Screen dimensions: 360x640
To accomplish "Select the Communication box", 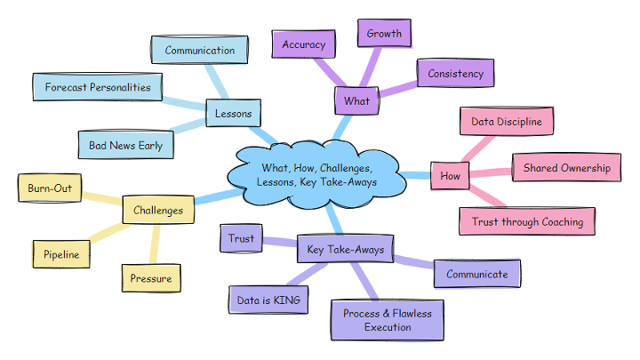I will (199, 51).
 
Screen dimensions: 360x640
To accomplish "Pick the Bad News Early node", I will (125, 145).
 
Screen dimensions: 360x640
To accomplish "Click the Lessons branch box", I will (234, 114).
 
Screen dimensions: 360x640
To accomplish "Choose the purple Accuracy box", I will (303, 44).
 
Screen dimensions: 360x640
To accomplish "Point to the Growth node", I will (384, 35).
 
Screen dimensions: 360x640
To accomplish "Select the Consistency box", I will (455, 74).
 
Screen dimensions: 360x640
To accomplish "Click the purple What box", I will (356, 101).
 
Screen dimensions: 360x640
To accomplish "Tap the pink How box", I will (450, 176).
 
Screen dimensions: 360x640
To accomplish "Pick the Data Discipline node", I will (506, 122).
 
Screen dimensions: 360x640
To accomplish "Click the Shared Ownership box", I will (566, 167).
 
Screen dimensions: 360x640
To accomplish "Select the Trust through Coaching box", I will (527, 221).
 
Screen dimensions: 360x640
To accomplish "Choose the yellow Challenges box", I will (157, 211).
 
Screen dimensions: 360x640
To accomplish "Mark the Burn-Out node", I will (50, 189).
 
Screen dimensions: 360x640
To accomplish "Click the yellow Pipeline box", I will (61, 255).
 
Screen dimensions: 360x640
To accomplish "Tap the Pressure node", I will (150, 278).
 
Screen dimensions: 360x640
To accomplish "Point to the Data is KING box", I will (268, 300).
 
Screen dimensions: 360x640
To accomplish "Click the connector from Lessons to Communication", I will (216, 83).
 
